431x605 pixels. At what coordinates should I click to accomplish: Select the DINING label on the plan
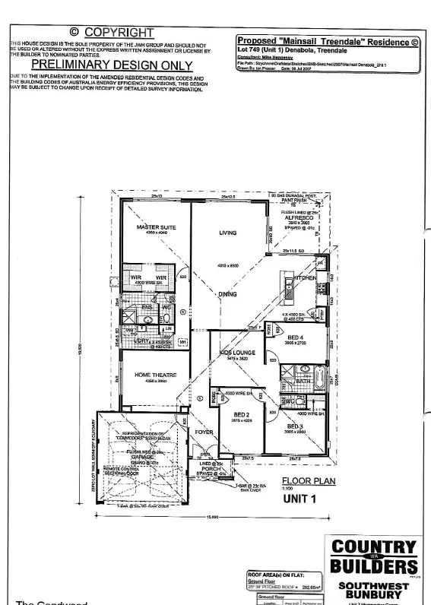pyautogui.click(x=228, y=293)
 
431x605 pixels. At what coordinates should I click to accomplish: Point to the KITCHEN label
pyautogui.click(x=305, y=279)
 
